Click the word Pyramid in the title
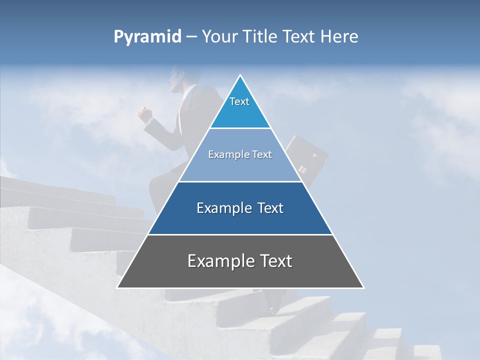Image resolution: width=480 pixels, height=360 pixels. pyautogui.click(x=147, y=37)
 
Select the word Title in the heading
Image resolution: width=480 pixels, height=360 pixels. pyautogui.click(x=260, y=37)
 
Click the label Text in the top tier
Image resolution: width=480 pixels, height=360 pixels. pyautogui.click(x=239, y=101)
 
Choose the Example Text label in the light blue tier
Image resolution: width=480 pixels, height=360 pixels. pyautogui.click(x=240, y=154)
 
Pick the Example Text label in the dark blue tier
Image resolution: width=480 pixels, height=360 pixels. pyautogui.click(x=240, y=208)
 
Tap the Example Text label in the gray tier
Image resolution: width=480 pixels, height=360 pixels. pyautogui.click(x=240, y=261)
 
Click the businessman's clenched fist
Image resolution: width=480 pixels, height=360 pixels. pyautogui.click(x=145, y=114)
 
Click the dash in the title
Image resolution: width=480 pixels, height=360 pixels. pyautogui.click(x=191, y=37)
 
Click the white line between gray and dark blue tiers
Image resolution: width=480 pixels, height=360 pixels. pyautogui.click(x=240, y=234)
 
